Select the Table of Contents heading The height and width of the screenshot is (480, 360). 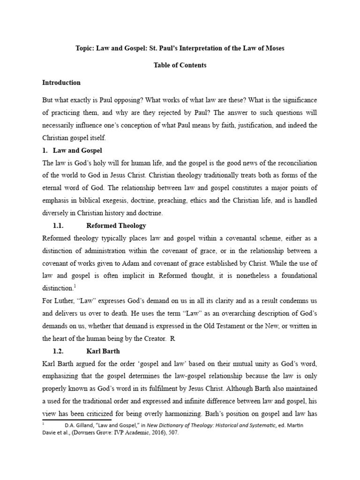(180, 65)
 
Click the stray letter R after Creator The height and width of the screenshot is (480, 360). (172, 337)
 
